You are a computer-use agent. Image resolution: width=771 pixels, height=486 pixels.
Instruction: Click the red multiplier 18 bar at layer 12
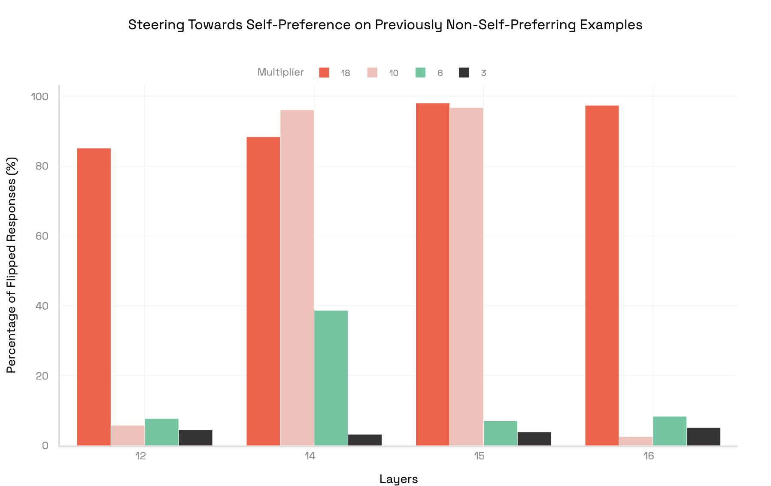94,297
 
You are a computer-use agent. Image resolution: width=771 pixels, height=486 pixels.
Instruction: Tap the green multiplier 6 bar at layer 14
331,378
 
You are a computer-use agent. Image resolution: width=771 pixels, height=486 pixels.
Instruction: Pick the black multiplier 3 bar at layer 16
704,436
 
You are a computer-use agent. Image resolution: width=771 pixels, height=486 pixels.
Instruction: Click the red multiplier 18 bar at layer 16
602,275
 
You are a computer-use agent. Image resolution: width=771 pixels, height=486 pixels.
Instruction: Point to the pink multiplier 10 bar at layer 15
466,276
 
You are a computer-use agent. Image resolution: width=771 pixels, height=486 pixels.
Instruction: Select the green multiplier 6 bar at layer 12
162,432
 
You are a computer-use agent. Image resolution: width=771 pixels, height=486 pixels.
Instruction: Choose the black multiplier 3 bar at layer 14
365,440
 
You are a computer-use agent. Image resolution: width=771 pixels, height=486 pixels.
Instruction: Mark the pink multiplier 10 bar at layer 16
636,441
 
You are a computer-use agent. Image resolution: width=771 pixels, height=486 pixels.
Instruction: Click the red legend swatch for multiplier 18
324,73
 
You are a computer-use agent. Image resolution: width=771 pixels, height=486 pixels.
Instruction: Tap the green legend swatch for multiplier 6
420,73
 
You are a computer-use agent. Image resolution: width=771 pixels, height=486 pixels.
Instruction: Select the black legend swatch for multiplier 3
464,73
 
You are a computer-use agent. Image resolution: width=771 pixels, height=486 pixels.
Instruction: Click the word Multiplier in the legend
280,72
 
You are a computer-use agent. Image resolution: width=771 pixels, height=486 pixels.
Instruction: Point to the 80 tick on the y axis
42,166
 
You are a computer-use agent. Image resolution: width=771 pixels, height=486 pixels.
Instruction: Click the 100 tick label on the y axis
39,96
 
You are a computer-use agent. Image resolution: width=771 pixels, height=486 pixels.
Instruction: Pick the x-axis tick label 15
479,456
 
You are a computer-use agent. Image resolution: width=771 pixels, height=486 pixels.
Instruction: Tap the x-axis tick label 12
140,456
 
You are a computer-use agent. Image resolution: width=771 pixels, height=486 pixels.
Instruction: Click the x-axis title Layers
398,479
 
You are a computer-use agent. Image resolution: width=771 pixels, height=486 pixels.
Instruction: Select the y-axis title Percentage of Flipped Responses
12,265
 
